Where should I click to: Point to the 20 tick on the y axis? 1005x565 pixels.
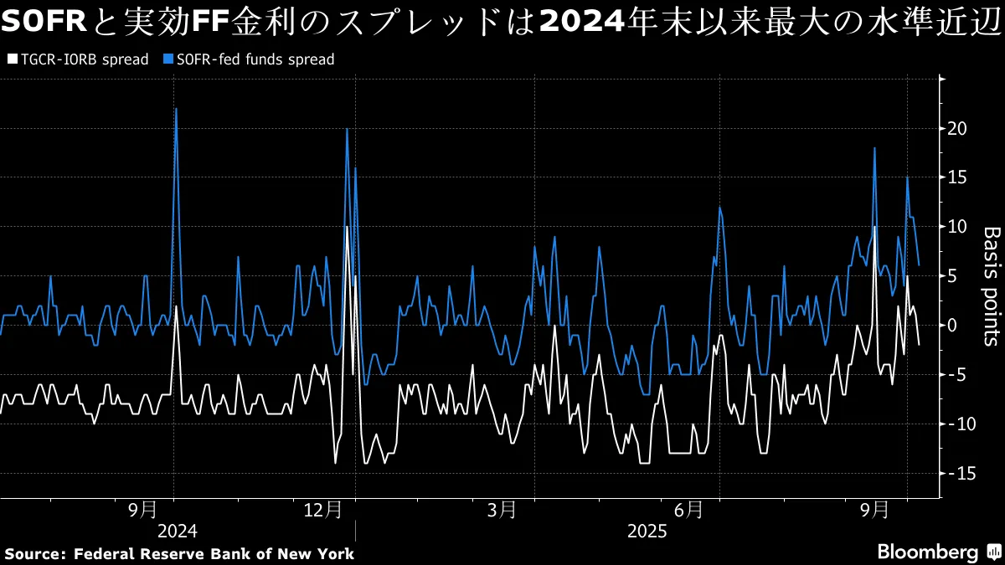[958, 128]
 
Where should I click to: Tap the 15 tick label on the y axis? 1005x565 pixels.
[958, 177]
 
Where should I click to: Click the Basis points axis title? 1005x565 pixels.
[991, 285]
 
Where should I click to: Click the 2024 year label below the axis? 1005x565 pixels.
[176, 531]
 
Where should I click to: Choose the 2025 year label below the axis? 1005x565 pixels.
[647, 531]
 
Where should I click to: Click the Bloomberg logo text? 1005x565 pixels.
[927, 552]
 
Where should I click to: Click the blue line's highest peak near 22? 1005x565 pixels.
[176, 110]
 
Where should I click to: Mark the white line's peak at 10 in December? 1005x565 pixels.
[347, 227]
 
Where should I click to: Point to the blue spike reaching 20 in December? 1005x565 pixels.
[347, 129]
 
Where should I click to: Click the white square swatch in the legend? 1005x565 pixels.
[11, 59]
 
